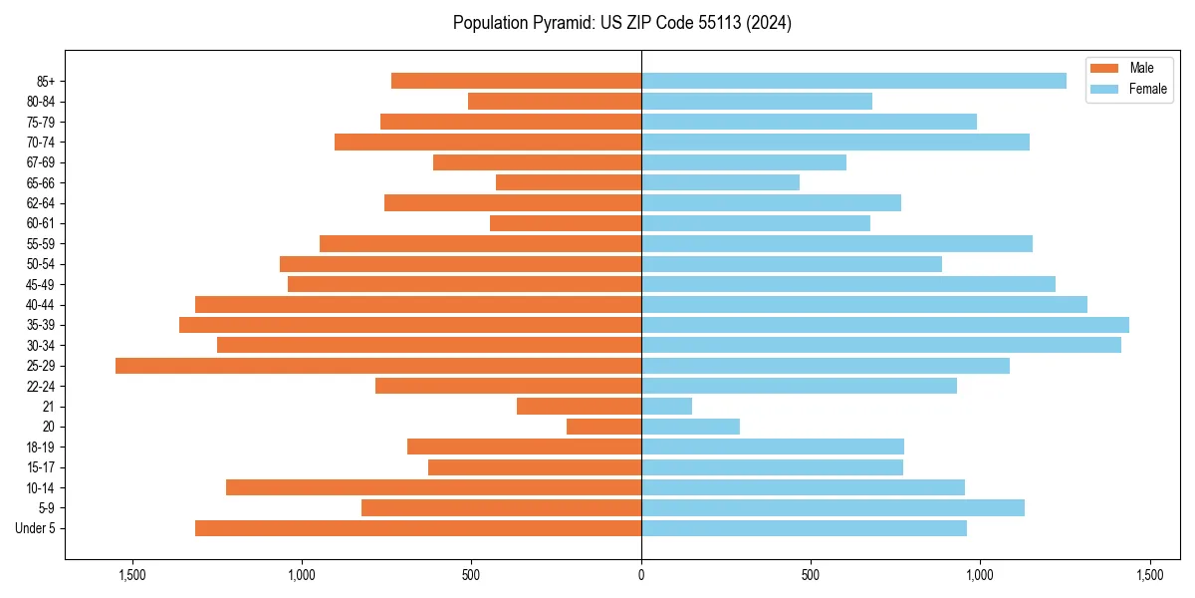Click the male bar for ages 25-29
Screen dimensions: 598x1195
point(378,366)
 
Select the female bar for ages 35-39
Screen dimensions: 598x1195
point(885,325)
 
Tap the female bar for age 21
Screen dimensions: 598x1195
point(667,407)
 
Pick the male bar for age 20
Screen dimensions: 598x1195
point(603,427)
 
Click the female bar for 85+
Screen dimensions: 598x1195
point(853,81)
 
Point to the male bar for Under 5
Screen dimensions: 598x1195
point(418,528)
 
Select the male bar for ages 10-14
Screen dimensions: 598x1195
point(433,487)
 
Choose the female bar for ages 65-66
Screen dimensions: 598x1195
point(720,182)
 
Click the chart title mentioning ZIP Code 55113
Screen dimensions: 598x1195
point(622,23)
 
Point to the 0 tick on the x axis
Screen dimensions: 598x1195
point(641,575)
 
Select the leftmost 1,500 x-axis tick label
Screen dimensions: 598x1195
point(132,575)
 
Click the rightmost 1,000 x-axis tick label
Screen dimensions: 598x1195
point(980,575)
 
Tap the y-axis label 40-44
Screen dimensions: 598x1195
point(41,305)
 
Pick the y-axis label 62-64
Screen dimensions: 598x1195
point(41,203)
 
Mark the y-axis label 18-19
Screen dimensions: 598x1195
point(41,448)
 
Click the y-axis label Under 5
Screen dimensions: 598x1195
point(36,528)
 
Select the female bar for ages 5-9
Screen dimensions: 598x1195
point(833,508)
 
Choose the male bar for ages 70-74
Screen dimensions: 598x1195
point(488,142)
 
